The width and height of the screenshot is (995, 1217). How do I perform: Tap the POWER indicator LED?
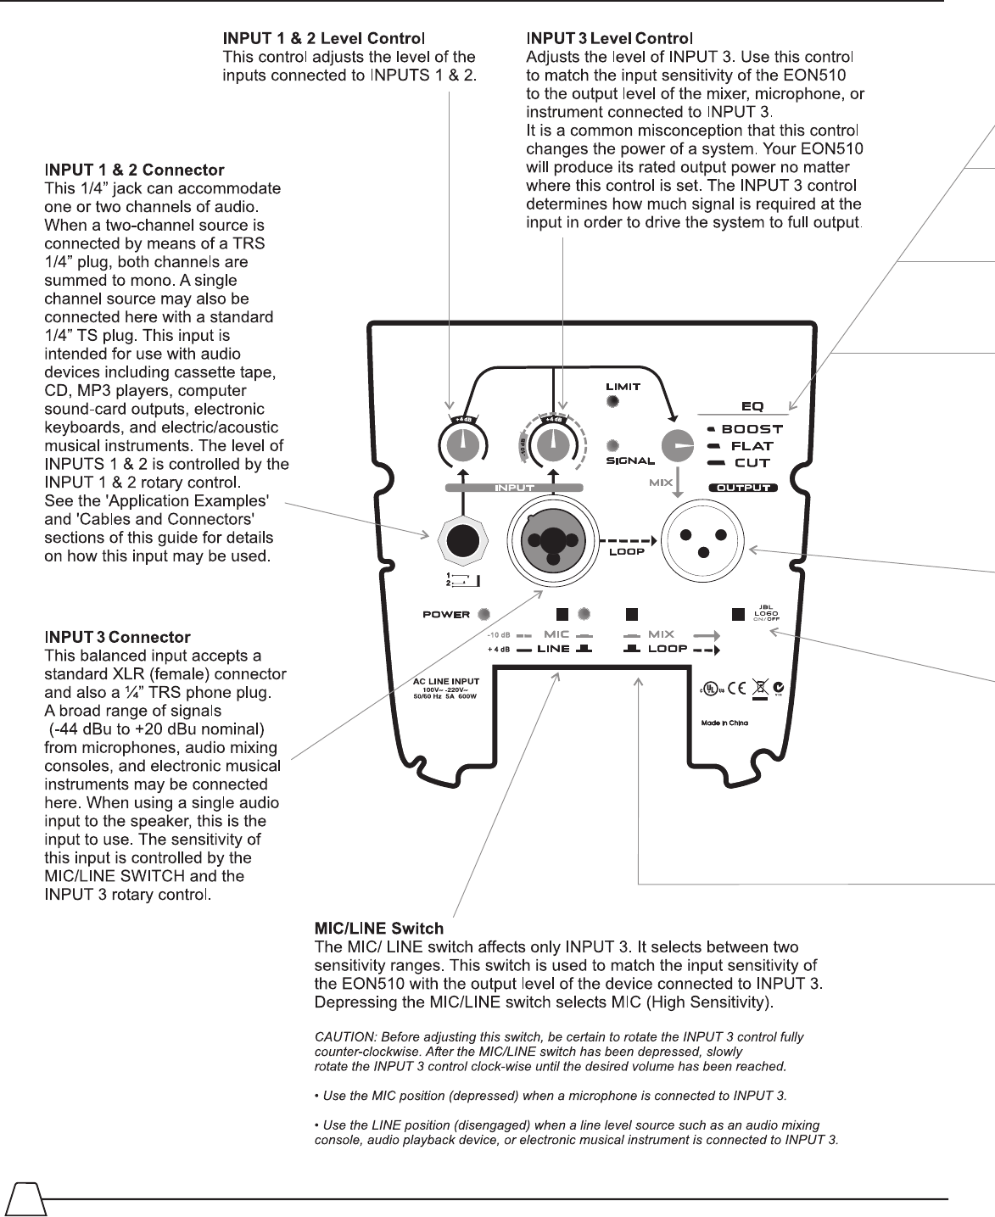click(x=484, y=614)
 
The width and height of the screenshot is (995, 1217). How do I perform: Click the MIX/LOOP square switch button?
click(x=631, y=613)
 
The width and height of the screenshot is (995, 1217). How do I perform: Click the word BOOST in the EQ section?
click(x=752, y=429)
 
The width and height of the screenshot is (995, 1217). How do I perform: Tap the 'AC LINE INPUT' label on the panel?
click(x=446, y=680)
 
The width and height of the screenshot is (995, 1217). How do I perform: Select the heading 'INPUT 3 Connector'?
click(x=117, y=637)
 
